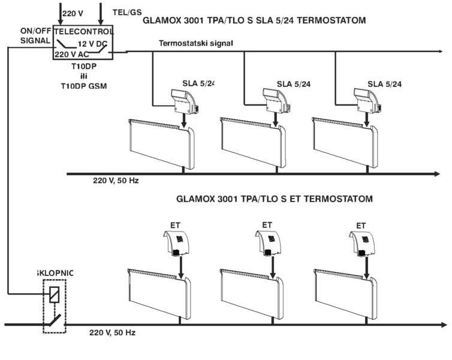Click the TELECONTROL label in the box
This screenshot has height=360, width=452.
(84, 31)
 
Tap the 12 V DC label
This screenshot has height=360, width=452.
(92, 43)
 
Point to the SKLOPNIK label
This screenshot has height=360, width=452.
(55, 272)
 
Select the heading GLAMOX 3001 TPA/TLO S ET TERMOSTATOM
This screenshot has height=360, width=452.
(274, 198)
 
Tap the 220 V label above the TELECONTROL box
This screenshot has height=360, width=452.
(74, 12)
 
